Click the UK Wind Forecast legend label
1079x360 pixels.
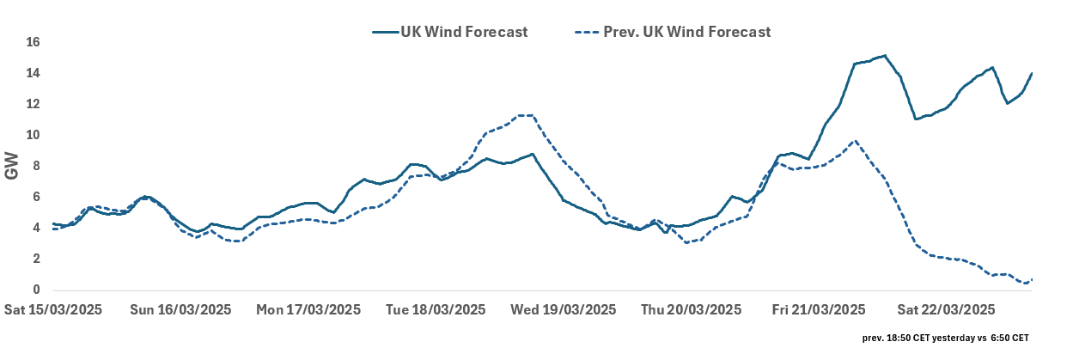pyautogui.click(x=463, y=32)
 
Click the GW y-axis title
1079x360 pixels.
pyautogui.click(x=12, y=166)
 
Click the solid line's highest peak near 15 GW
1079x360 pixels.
pyautogui.click(x=885, y=56)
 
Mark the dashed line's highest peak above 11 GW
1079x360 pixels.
pyautogui.click(x=526, y=115)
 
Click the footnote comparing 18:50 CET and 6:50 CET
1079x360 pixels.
pyautogui.click(x=946, y=339)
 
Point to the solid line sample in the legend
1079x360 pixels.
pyautogui.click(x=384, y=32)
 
